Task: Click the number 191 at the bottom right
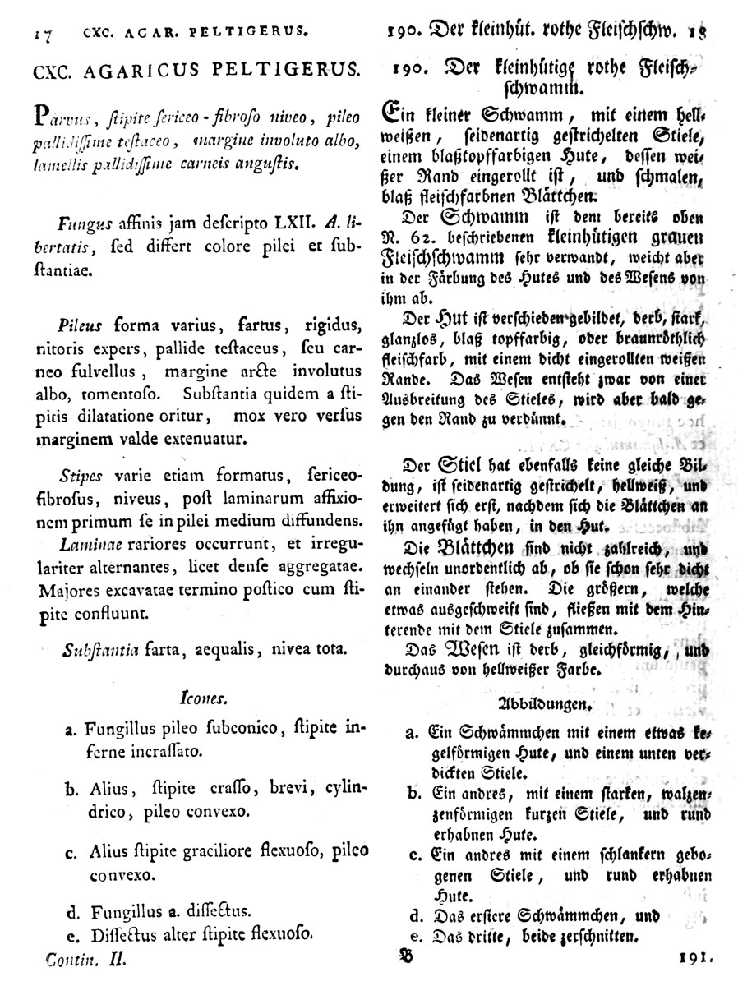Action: pos(697,957)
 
